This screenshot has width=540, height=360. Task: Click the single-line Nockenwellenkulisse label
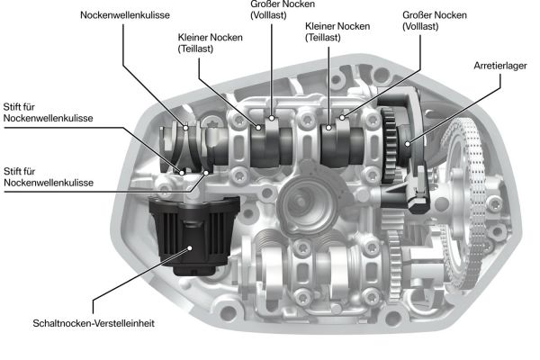pyautogui.click(x=125, y=15)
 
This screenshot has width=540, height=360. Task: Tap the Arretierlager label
pyautogui.click(x=500, y=66)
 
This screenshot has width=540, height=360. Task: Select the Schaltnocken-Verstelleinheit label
pyautogui.click(x=94, y=323)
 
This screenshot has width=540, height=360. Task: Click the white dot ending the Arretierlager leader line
pyautogui.click(x=408, y=144)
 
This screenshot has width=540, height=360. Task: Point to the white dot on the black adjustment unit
pyautogui.click(x=189, y=247)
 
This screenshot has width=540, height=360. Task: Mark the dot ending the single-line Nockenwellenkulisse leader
pyautogui.click(x=186, y=128)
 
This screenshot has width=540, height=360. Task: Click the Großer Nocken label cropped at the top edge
pyautogui.click(x=283, y=10)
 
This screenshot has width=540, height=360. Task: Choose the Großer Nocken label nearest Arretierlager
pyautogui.click(x=435, y=21)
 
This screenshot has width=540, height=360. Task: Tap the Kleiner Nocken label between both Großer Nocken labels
pyautogui.click(x=337, y=31)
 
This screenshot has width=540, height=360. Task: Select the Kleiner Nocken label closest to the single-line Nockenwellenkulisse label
pyautogui.click(x=210, y=42)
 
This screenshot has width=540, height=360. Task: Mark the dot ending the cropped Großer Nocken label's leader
pyautogui.click(x=272, y=118)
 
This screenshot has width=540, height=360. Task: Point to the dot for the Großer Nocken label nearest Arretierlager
pyautogui.click(x=342, y=118)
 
